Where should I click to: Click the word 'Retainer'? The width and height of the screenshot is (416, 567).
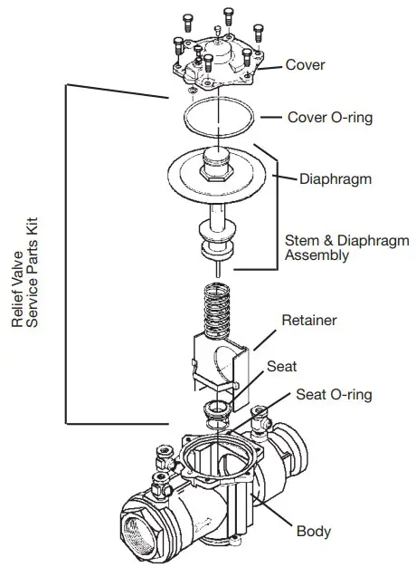pyautogui.click(x=310, y=320)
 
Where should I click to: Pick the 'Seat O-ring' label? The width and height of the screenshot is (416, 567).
pyautogui.click(x=334, y=395)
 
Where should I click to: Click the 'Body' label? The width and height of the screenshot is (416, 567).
pyautogui.click(x=313, y=532)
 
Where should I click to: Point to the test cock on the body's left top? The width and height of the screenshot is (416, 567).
pyautogui.click(x=164, y=458)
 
